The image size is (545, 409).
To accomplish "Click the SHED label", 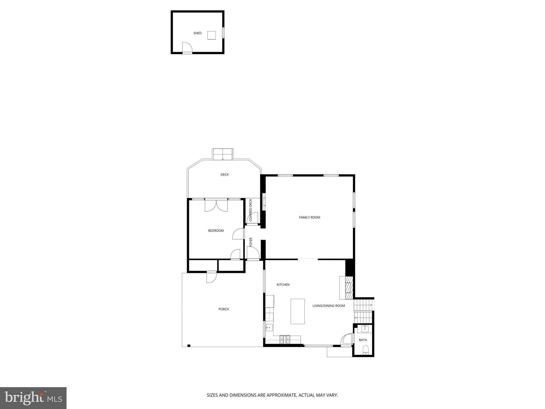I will tap(197, 33).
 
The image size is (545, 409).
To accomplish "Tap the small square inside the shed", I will tap(212, 35).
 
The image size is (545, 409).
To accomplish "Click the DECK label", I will tap(225, 175).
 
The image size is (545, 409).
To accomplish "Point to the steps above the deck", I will tap(223, 154).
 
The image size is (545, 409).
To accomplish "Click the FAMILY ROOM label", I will tap(309, 218).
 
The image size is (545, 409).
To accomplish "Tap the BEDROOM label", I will tap(216, 231).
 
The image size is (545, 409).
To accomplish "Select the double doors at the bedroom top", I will tap(216, 206).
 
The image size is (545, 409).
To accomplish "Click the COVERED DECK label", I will tap(250, 210).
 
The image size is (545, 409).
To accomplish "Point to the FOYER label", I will tap(251, 242).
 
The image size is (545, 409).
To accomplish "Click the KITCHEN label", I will tap(283, 285).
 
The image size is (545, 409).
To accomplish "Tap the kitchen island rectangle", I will tap(298, 311).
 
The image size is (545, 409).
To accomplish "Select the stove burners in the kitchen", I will tap(284, 340).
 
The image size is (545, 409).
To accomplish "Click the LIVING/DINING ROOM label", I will tap(329, 306).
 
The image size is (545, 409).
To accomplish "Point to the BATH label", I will tap(363, 340).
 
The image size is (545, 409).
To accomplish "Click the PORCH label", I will tap(224, 309).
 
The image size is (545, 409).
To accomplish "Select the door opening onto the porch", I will tap(212, 277).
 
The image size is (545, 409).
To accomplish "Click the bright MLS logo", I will tap(33, 398).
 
